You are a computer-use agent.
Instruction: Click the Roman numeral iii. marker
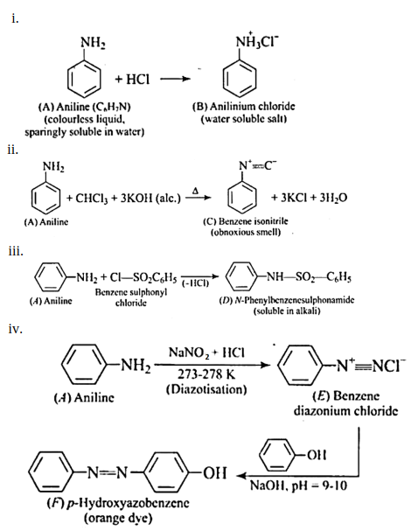[x=16, y=252]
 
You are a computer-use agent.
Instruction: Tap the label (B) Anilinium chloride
[x=244, y=107]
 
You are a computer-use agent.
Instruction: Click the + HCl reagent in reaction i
[x=132, y=79]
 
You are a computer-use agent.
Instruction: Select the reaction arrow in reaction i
[x=175, y=79]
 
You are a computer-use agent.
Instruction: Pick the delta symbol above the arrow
[x=195, y=191]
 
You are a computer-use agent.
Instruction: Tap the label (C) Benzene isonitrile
[x=246, y=221]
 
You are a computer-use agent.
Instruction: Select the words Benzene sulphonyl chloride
[x=131, y=297]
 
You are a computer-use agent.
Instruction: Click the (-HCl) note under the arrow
[x=196, y=283]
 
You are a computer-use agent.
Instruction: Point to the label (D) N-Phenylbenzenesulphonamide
[x=287, y=300]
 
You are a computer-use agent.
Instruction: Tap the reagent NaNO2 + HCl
[x=206, y=353]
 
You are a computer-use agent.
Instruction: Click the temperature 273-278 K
[x=206, y=374]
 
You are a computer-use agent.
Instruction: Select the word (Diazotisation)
[x=206, y=389]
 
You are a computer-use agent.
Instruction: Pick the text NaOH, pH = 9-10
[x=298, y=486]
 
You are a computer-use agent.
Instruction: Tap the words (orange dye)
[x=118, y=518]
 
